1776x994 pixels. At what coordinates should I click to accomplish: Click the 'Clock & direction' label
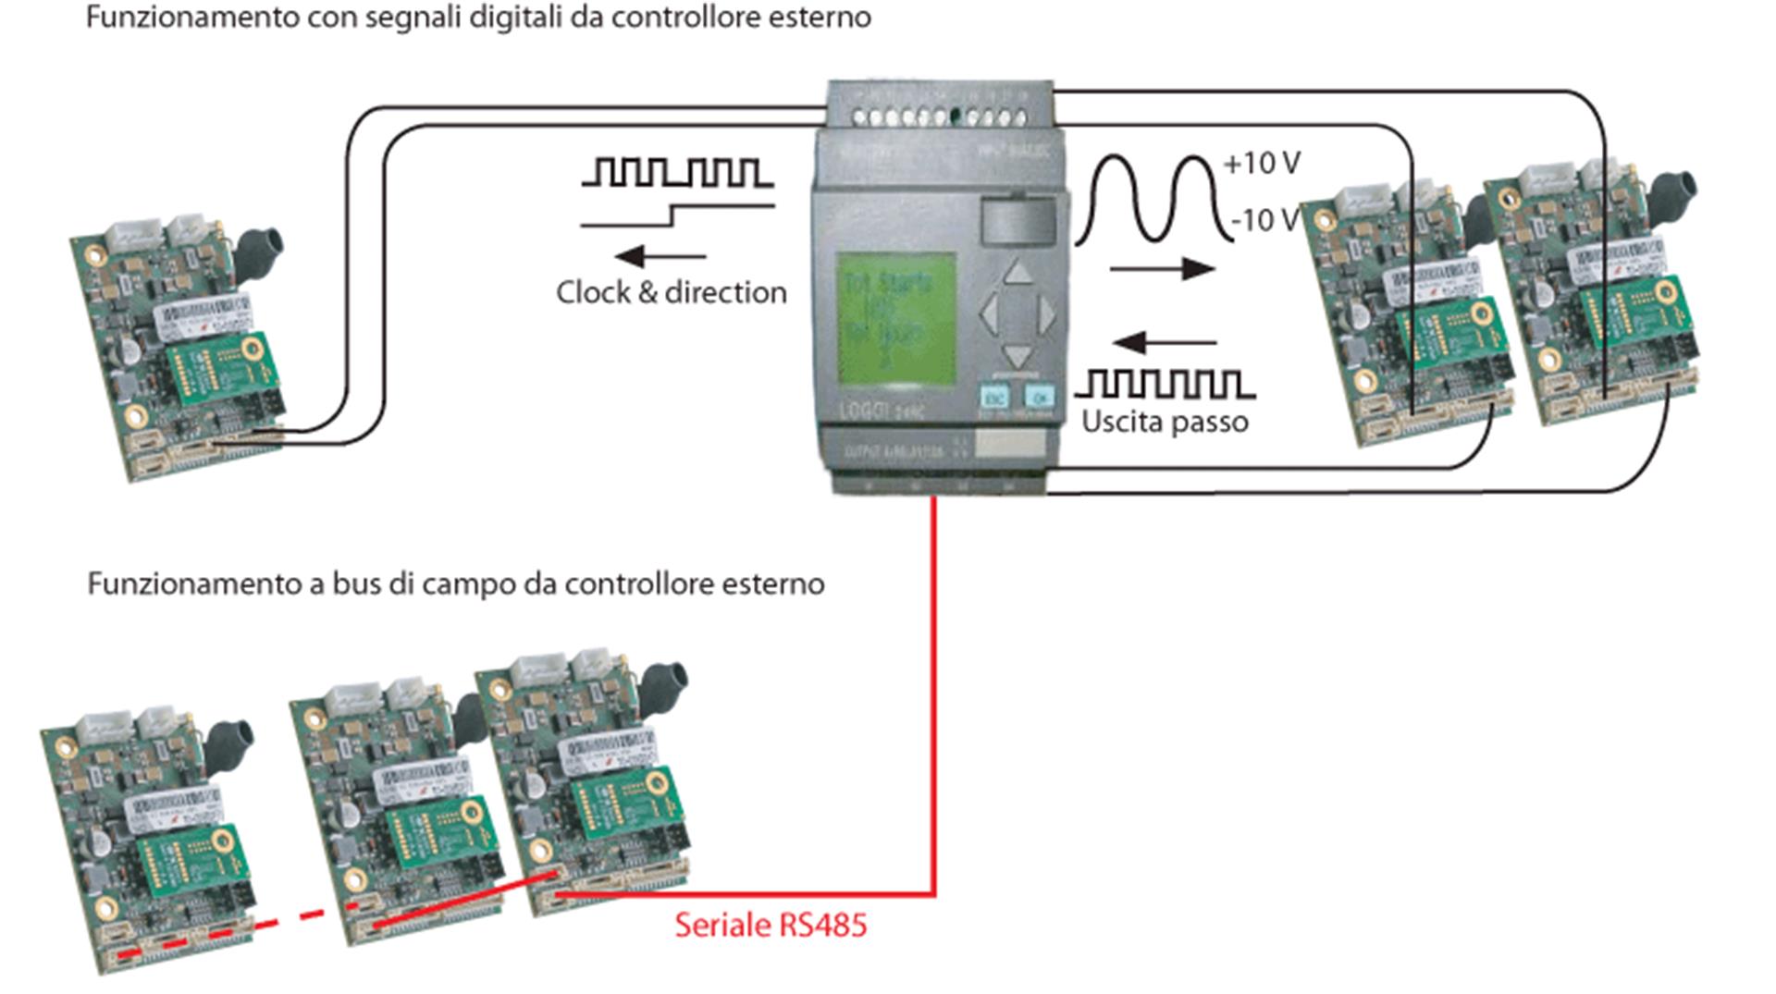671,292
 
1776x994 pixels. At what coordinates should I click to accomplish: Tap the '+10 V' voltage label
1261,164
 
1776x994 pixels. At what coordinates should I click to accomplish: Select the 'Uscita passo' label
1165,422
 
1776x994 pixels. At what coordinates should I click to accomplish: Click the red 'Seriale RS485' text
771,925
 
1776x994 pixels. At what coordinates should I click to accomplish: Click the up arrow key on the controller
1017,272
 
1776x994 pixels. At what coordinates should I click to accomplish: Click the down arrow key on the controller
1017,355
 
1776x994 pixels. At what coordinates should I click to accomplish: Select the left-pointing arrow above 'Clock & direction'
659,256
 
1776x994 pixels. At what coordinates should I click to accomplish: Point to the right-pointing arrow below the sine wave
1163,269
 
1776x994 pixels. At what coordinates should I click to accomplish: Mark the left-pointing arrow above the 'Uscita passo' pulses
1164,343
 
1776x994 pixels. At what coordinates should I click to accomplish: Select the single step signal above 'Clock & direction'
676,215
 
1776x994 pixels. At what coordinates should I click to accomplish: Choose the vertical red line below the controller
934,693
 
